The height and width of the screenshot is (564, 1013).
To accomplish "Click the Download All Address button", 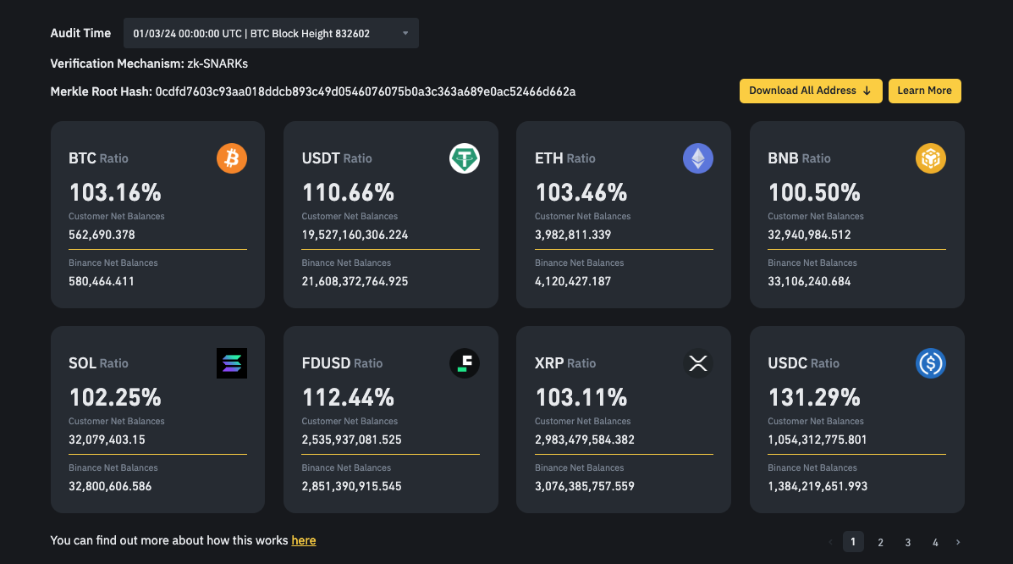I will tap(811, 91).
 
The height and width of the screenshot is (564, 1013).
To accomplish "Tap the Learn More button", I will tap(924, 91).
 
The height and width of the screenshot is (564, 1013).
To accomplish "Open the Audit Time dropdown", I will tap(271, 33).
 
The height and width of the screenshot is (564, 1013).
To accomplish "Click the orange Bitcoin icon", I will tap(232, 158).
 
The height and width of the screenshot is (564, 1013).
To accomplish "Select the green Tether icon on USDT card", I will tap(465, 158).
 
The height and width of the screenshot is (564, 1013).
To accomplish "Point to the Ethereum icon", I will tap(698, 158).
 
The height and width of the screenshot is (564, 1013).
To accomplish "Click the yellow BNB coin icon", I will tap(931, 158).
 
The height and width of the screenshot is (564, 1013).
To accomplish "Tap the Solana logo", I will tap(232, 363).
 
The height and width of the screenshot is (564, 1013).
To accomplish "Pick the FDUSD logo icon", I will tap(465, 363).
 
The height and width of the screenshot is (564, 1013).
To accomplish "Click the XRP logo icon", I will tap(698, 363).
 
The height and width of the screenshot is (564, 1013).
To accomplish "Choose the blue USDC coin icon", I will tap(931, 363).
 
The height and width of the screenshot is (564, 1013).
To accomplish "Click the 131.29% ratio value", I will tap(814, 397).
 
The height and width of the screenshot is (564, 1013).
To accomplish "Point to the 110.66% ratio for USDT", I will tap(348, 192).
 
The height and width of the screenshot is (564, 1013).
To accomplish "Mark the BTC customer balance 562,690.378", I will tap(102, 235).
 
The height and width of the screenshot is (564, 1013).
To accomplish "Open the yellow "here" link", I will tap(304, 540).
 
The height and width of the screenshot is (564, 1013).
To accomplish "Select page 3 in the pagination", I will tap(907, 542).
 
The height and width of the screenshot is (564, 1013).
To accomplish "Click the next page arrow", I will tap(958, 542).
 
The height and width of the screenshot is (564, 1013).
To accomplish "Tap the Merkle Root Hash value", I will tap(366, 91).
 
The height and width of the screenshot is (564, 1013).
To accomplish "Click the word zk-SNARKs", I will tap(217, 64).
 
